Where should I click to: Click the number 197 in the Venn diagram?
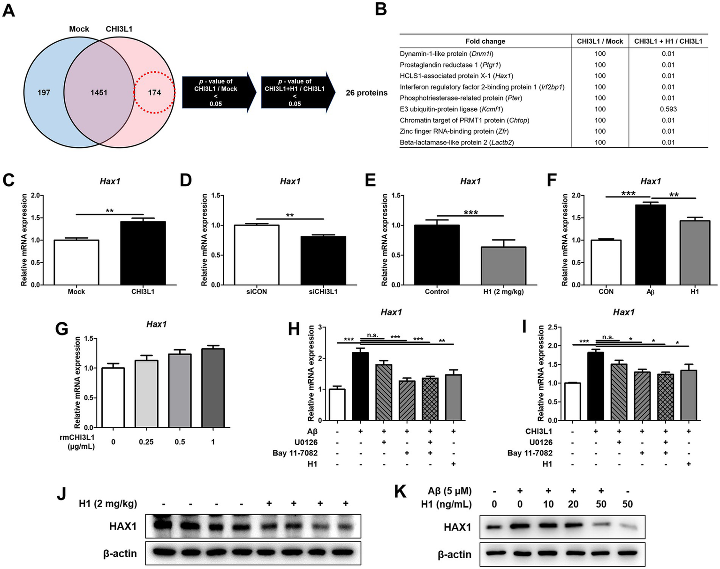[x=44, y=92]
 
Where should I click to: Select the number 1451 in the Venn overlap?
[x=99, y=92]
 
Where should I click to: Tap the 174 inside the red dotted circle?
[x=154, y=92]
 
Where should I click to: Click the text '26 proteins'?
[x=366, y=93]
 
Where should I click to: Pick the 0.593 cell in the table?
[x=668, y=109]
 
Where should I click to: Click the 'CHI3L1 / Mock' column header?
[x=600, y=41]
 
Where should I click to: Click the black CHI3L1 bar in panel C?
[x=143, y=253]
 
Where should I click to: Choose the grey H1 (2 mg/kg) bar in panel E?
[x=503, y=266]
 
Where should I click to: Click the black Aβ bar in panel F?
[x=650, y=244]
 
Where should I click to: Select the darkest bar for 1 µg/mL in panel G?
[x=213, y=387]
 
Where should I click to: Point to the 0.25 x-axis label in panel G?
[x=146, y=442]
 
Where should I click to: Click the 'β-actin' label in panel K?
[x=455, y=555]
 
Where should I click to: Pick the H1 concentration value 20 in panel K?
[x=573, y=504]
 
